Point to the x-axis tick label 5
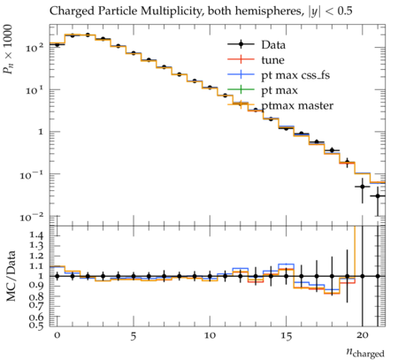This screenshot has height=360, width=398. pyautogui.click(x=134, y=336)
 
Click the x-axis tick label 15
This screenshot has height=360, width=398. pyautogui.click(x=286, y=336)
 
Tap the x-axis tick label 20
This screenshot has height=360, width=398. pyautogui.click(x=363, y=335)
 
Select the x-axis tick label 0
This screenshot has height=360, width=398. pyautogui.click(x=57, y=335)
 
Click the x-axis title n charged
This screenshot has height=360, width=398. pyautogui.click(x=365, y=352)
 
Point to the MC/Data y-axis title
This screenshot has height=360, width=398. pyautogui.click(x=11, y=276)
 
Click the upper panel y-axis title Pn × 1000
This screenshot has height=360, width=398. pyautogui.click(x=8, y=50)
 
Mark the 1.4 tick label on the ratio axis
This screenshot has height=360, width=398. pyautogui.click(x=36, y=235)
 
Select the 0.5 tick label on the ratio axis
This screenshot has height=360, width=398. pyautogui.click(x=36, y=326)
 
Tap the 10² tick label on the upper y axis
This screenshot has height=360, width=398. pyautogui.click(x=34, y=48)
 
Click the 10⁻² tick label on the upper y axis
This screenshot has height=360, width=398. pyautogui.click(x=32, y=218)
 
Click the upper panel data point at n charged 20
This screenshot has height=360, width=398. pyautogui.click(x=363, y=187)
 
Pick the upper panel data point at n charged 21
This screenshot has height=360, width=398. pyautogui.click(x=378, y=196)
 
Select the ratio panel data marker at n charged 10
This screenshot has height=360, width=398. pyautogui.click(x=210, y=276)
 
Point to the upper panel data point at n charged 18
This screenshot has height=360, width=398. pyautogui.click(x=332, y=150)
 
